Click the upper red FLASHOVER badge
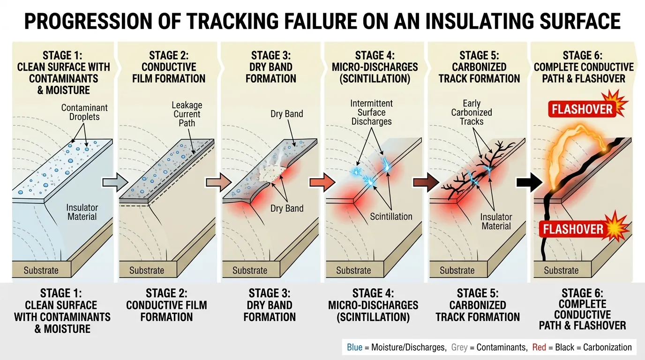[582, 110]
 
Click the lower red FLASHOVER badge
[573, 229]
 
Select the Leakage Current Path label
[187, 114]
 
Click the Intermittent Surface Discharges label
[372, 112]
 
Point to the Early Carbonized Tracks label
[472, 112]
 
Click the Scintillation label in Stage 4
[391, 217]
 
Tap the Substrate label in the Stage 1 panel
[41, 270]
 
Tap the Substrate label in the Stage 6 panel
[561, 270]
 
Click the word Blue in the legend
[355, 347]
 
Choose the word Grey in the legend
[459, 347]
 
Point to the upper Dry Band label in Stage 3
[287, 114]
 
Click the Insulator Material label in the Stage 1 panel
[82, 212]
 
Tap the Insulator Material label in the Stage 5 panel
[496, 221]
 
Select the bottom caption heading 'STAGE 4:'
[373, 293]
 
